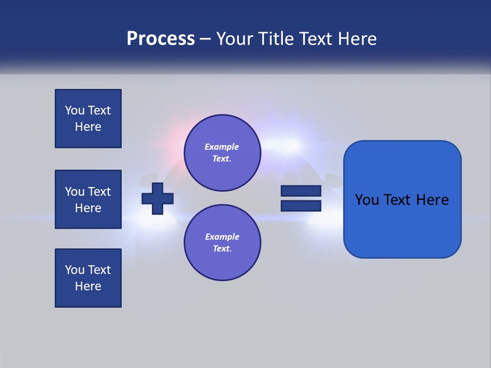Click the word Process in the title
pos(161,39)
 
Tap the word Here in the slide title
pos(356,39)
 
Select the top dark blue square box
pos(88,119)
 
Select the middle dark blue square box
pos(88,199)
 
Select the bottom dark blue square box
pos(88,278)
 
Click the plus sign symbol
pos(158,198)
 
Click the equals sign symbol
pos(301,198)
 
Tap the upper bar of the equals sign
pos(301,191)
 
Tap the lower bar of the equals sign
pos(301,205)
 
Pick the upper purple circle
pos(222,153)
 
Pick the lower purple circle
pos(222,243)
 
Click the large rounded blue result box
pos(402,199)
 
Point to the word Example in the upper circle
pos(222,147)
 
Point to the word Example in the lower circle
pos(222,237)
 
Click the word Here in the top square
pos(88,127)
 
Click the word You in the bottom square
pos(74,270)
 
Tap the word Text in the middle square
pos(99,192)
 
